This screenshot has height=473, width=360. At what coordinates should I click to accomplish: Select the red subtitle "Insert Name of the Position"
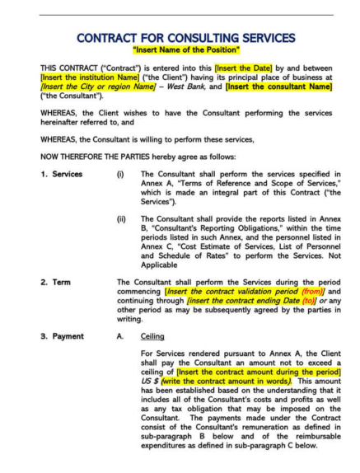(x=180, y=52)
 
